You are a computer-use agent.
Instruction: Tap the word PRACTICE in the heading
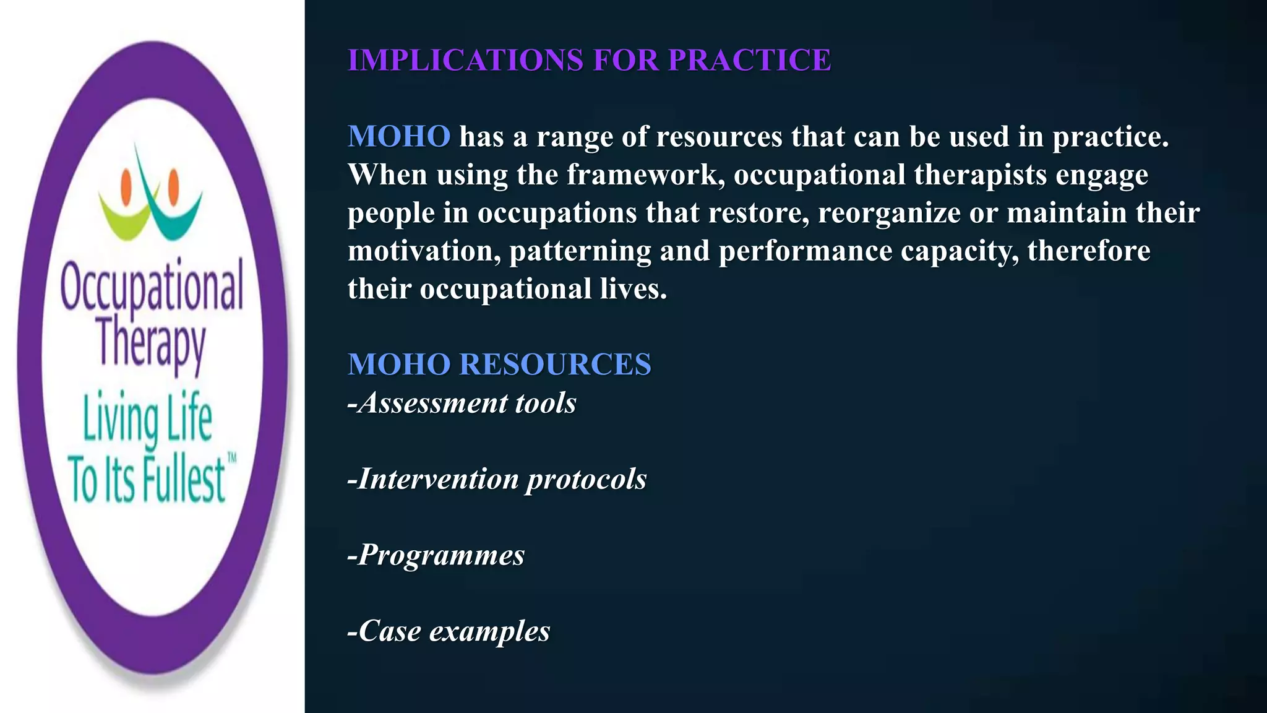(x=749, y=60)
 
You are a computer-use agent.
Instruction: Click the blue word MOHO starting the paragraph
(x=399, y=136)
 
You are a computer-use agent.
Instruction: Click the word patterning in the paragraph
(x=580, y=251)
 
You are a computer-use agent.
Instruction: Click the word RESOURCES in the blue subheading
(x=555, y=364)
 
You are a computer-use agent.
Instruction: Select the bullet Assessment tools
(x=462, y=403)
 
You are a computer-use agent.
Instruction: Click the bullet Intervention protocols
(x=497, y=479)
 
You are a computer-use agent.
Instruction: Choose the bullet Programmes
(x=436, y=555)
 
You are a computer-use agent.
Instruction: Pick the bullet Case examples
(x=449, y=631)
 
